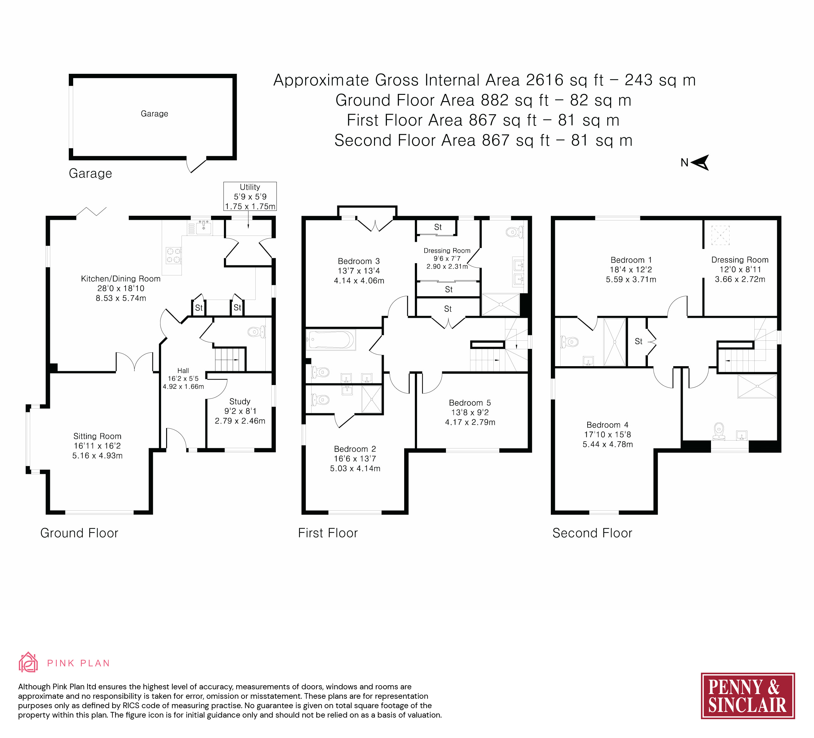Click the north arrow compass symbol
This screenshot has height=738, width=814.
coord(700,162)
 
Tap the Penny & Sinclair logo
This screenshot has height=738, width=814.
coord(748,696)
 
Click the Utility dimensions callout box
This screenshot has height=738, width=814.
coord(250,196)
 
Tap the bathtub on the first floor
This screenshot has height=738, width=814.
coord(331,340)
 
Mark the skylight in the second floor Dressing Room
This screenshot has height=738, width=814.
coord(720,235)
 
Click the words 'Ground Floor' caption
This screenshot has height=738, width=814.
coord(79,533)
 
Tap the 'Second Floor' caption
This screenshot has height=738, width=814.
coord(592,533)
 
